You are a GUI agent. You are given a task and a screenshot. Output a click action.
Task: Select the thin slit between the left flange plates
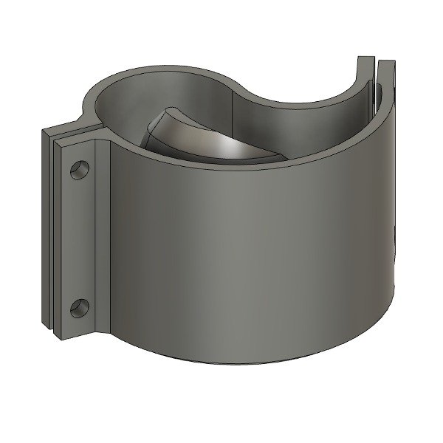point(52,236)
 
